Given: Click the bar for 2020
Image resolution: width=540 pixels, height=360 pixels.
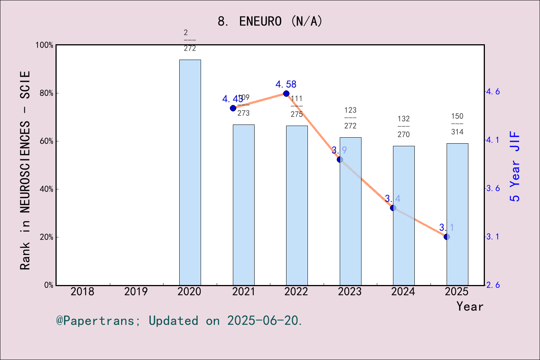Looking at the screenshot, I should click(190, 172).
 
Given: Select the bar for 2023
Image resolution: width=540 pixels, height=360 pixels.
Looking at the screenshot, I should click(350, 211).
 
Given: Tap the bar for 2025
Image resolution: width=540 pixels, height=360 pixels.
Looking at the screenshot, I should click(457, 214).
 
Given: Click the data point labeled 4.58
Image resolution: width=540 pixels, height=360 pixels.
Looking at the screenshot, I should click(286, 93).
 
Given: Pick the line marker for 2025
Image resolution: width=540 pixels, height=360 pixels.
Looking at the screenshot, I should click(447, 237).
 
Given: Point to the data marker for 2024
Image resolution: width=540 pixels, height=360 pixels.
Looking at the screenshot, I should click(393, 208).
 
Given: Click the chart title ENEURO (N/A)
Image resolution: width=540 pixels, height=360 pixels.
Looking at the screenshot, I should click(270, 21).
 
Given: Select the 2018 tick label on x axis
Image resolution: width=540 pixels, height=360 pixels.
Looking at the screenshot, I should click(82, 291).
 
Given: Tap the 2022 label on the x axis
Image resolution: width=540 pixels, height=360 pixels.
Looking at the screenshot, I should click(296, 291).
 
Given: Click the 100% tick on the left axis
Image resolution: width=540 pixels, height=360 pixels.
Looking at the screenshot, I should click(44, 45).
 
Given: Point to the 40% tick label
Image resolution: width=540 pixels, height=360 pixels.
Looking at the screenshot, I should click(46, 189).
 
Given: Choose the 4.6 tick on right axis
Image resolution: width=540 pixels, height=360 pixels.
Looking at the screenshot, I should click(493, 91).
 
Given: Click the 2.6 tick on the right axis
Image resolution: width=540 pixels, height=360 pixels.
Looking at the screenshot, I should click(493, 285).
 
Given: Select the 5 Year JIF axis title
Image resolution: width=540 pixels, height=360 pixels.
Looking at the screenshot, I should click(515, 166).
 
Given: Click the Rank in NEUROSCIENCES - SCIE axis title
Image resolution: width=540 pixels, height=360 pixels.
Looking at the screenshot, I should click(25, 170).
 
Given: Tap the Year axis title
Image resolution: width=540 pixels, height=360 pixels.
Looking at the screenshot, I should click(469, 306).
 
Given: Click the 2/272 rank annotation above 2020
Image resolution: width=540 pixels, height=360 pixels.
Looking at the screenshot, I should click(190, 40).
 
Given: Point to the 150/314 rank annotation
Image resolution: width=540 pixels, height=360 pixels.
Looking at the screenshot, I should click(457, 124).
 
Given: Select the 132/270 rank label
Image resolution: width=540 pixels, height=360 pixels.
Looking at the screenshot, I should click(403, 126).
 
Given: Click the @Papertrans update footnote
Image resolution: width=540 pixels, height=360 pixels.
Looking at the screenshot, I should click(179, 321).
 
